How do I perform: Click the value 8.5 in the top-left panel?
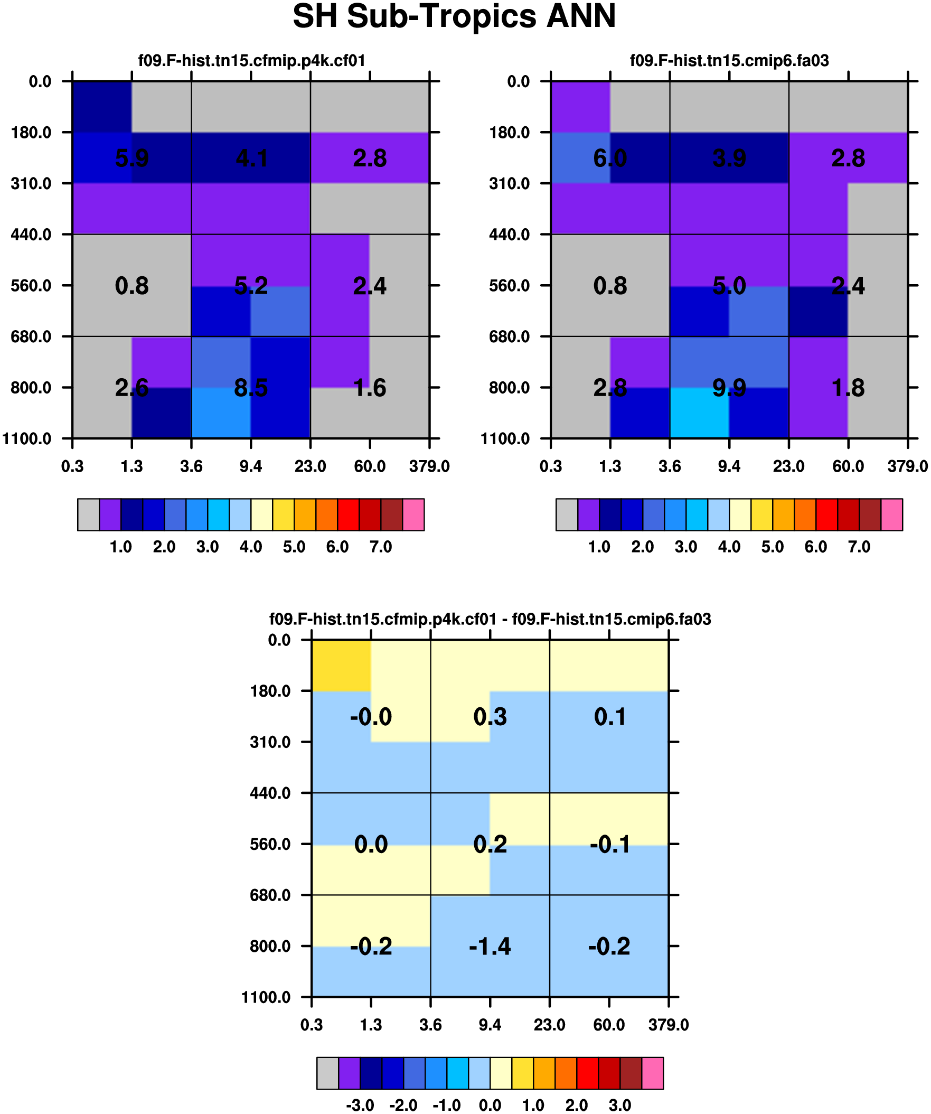tap(250, 388)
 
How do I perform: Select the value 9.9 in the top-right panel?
tap(729, 388)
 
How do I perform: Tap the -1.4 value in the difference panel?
tap(490, 947)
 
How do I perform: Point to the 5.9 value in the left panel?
tap(131, 158)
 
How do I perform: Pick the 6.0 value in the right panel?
tap(610, 158)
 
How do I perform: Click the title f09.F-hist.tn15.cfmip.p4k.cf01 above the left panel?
tap(251, 61)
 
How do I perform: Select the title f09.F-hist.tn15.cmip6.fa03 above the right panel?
tap(729, 61)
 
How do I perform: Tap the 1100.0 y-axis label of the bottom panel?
tap(266, 997)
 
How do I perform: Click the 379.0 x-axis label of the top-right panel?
tap(908, 467)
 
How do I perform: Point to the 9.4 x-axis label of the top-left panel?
tap(250, 467)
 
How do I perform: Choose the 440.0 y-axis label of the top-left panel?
tap(31, 235)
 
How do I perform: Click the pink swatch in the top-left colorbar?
tap(413, 514)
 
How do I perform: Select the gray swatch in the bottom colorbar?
tap(327, 1073)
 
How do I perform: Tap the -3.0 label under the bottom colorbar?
tap(360, 1106)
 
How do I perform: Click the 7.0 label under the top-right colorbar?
tap(859, 547)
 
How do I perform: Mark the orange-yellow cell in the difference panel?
tap(341, 666)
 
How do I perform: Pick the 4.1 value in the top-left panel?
tap(250, 158)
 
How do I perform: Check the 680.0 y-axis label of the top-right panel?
tap(510, 337)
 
